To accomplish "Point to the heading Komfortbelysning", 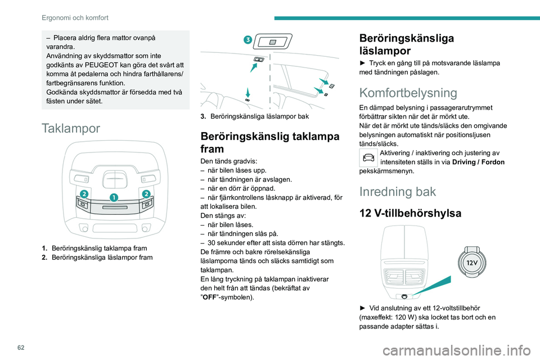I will coord(409,92).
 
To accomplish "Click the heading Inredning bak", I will coord(397,191).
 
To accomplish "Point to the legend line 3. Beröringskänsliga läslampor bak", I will coord(256,116).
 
